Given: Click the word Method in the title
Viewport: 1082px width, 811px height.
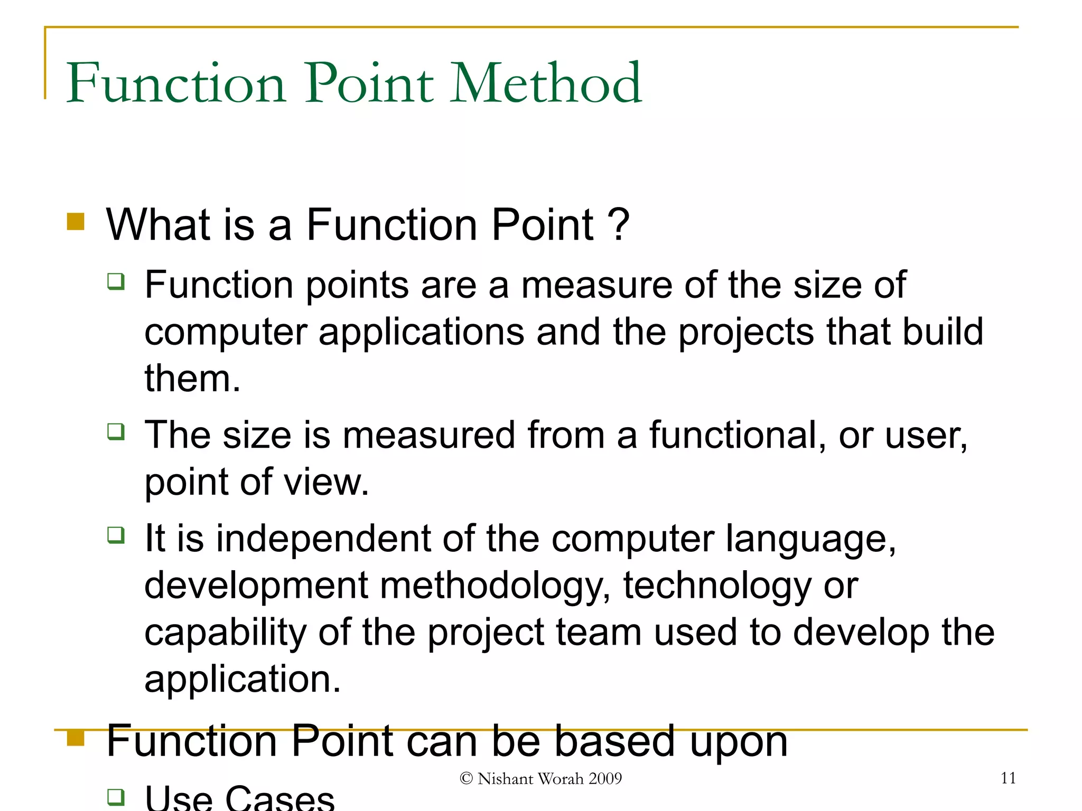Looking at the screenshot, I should [x=546, y=83].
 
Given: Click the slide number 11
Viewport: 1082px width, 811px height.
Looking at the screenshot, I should [x=1008, y=778].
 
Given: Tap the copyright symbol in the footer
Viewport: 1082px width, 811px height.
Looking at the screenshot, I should [x=466, y=778].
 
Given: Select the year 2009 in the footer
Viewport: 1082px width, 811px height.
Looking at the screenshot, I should [x=605, y=778].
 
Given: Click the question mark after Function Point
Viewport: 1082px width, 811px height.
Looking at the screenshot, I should [x=618, y=225].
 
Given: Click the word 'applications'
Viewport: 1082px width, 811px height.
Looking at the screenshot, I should [x=422, y=333].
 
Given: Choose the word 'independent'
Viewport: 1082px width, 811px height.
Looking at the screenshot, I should [x=323, y=539].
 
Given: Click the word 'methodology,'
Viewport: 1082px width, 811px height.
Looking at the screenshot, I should [x=495, y=586].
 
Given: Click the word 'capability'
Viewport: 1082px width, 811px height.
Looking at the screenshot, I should [x=226, y=633].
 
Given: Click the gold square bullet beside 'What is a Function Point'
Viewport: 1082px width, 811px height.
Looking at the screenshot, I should [x=76, y=222].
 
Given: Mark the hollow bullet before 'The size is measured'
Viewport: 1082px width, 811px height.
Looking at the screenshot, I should [x=116, y=431].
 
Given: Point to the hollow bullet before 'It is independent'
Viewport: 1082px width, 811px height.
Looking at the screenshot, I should [x=116, y=535].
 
